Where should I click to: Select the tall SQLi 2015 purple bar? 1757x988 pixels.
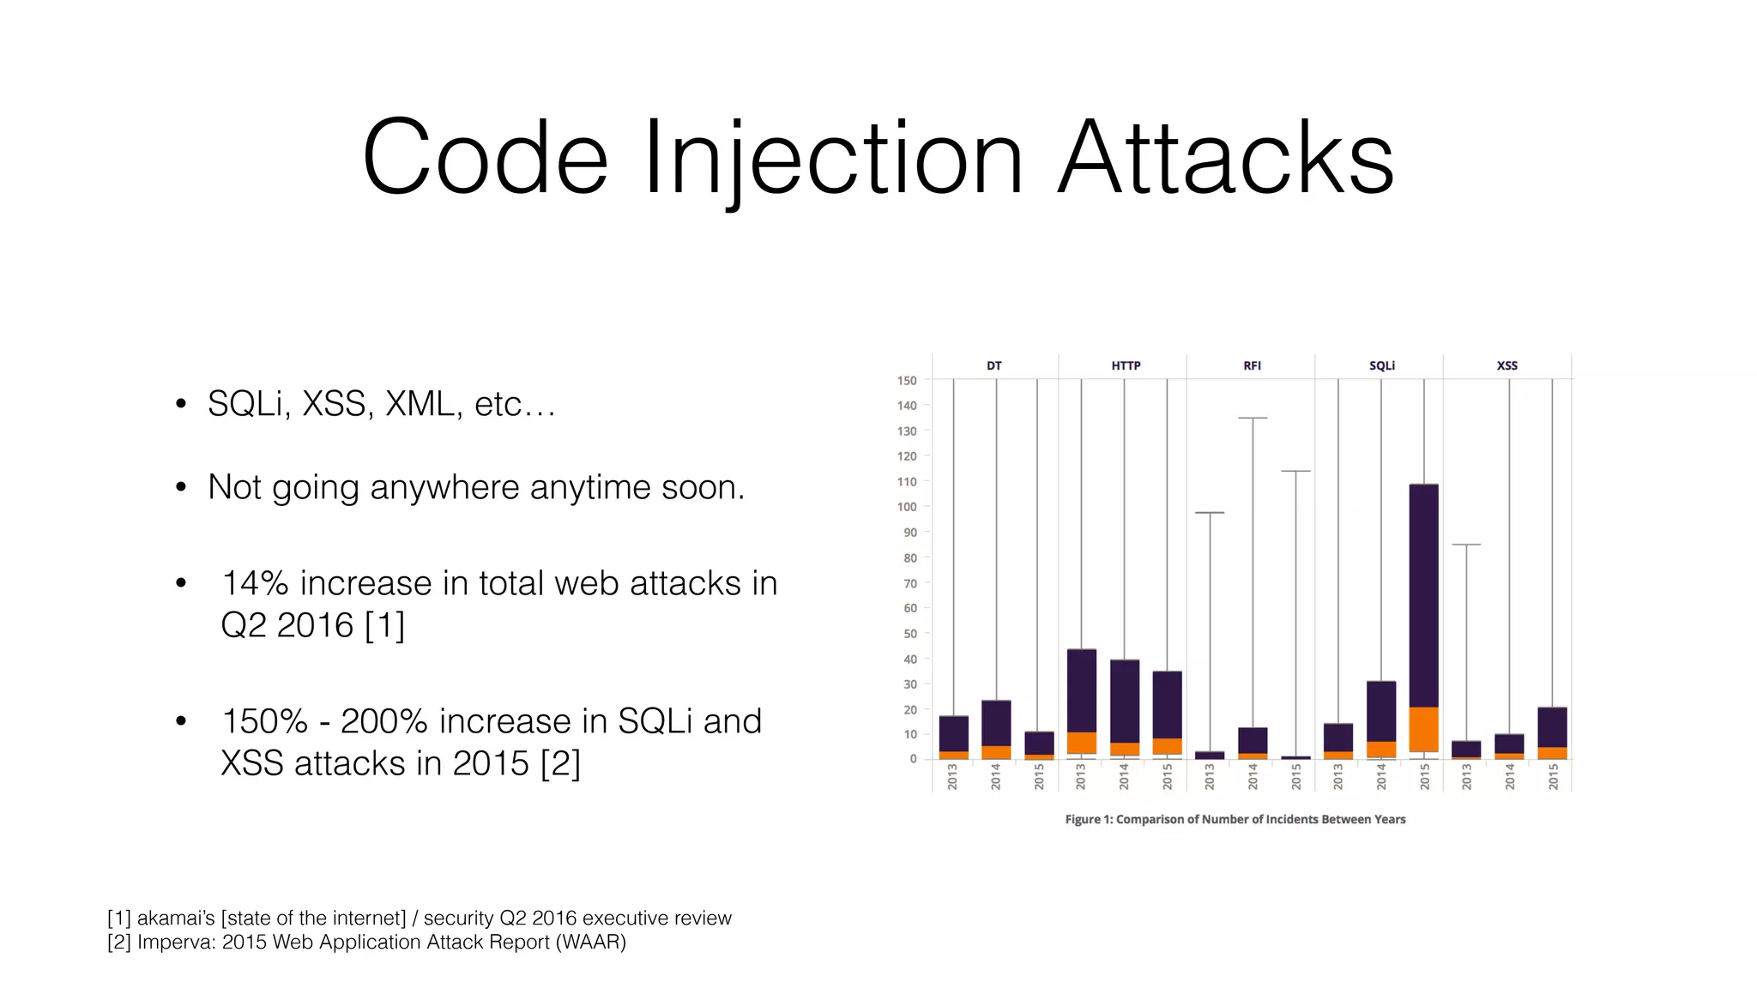coord(1423,592)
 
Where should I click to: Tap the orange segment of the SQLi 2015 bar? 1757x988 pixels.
coord(1423,729)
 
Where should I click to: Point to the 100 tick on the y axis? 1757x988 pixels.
coord(907,507)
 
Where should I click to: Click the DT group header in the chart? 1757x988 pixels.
coord(993,365)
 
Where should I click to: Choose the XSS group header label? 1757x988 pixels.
coord(1506,365)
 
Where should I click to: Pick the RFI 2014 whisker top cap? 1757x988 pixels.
coord(1253,418)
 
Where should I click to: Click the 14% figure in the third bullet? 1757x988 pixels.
coord(255,583)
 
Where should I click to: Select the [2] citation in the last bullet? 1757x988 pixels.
coord(560,763)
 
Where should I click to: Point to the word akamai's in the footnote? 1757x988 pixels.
coord(175,918)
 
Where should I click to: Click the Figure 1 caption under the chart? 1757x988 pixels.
coord(1235,819)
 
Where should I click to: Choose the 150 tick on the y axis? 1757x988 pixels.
coord(907,380)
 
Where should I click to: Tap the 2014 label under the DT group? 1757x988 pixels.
coord(996,777)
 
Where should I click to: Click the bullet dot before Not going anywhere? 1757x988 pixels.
coord(180,487)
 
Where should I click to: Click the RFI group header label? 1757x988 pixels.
coord(1252,365)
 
